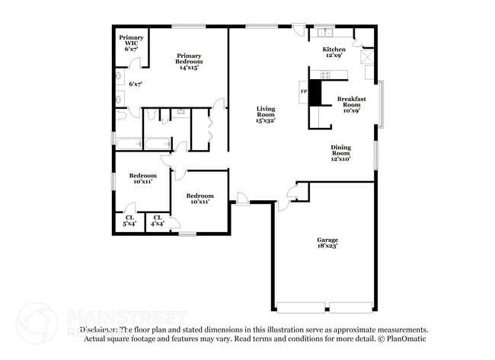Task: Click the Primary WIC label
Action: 131,41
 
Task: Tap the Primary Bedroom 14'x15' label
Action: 189,62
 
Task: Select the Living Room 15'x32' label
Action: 265,114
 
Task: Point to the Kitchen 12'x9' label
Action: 335,51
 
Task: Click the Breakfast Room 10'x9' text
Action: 351,104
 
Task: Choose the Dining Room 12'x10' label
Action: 340,153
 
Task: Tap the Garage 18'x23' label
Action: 327,243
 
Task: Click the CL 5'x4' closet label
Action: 130,221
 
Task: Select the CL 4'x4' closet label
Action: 158,221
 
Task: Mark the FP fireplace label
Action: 303,92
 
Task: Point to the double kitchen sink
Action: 325,32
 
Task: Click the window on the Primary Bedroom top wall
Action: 187,27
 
